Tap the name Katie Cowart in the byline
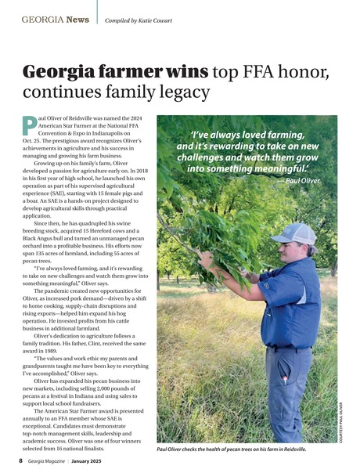click(156, 17)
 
